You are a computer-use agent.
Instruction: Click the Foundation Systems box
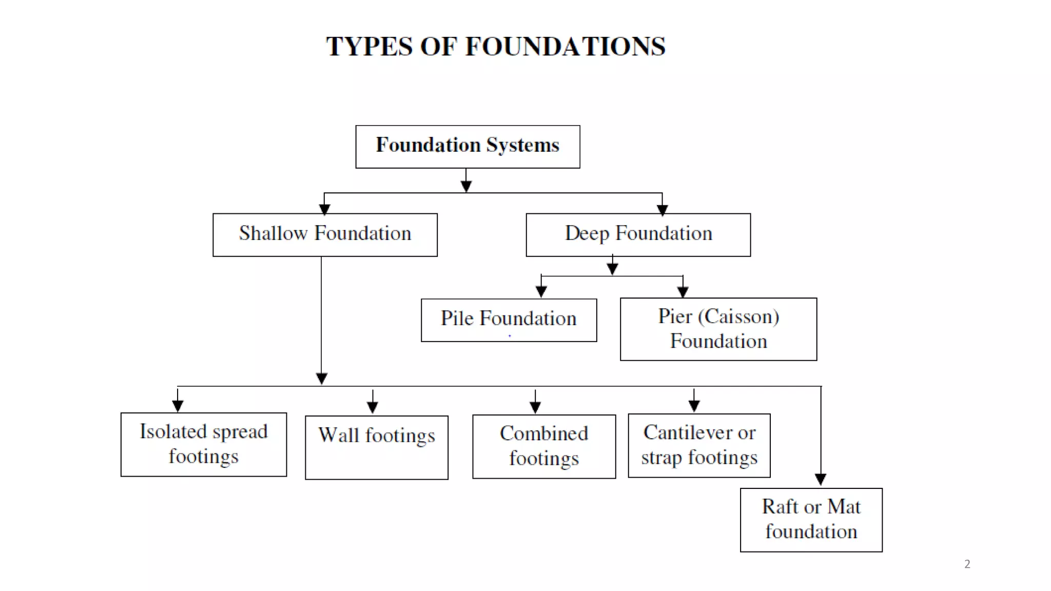point(468,147)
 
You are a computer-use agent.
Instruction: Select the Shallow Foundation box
point(325,234)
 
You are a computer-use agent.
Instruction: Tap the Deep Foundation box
point(638,234)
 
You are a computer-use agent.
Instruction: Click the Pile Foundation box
point(509,320)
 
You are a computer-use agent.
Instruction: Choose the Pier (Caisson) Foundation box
point(718,329)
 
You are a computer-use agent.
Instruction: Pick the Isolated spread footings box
point(203,444)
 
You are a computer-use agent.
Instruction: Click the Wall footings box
point(376,447)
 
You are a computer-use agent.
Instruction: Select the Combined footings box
point(543,446)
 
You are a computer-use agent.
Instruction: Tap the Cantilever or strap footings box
point(699,445)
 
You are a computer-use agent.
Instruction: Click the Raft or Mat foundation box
point(811,520)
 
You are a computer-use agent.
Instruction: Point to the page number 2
point(967,564)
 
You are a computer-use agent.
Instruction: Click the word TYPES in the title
point(369,47)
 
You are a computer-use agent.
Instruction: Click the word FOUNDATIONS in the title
point(565,47)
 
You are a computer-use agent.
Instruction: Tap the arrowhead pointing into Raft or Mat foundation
point(820,479)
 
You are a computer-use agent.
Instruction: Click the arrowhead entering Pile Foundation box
point(541,291)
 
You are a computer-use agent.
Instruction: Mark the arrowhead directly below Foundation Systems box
point(466,186)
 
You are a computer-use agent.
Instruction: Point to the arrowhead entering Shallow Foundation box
point(324,209)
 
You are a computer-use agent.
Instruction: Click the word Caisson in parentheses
point(738,317)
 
